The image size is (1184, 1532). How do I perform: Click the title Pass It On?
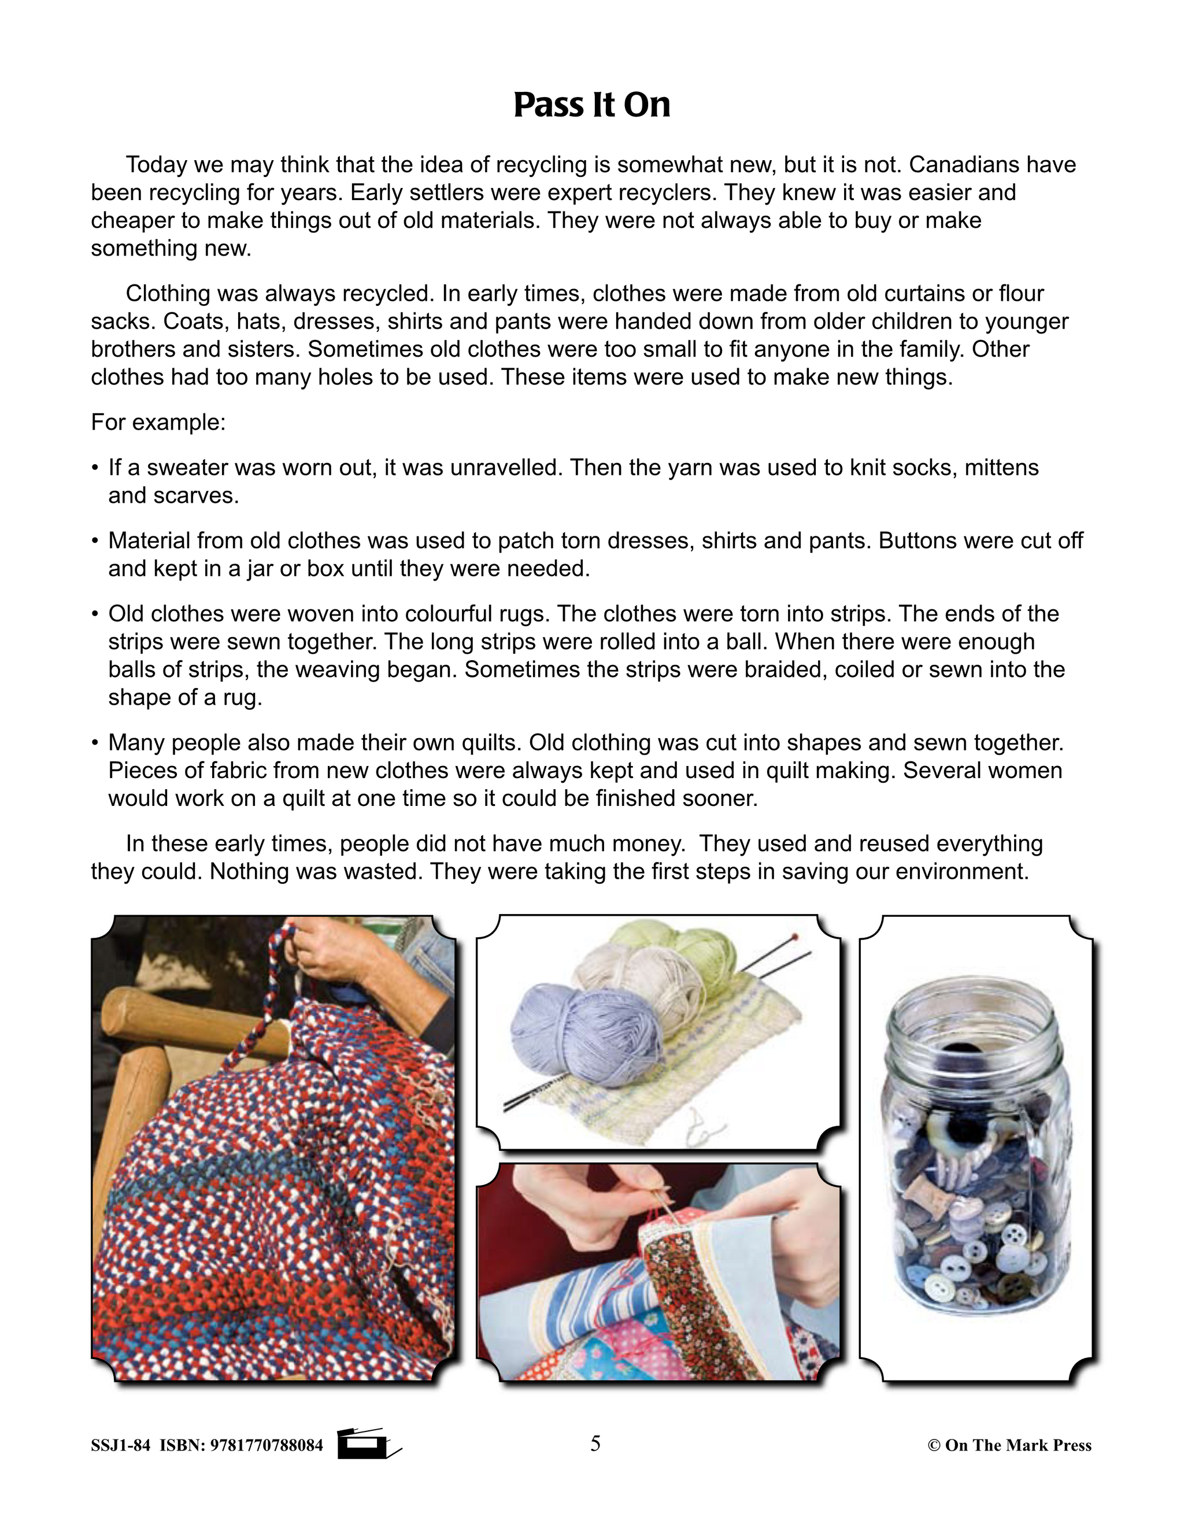point(591,105)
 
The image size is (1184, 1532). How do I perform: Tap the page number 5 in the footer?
point(595,1444)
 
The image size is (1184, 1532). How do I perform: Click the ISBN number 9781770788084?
point(267,1445)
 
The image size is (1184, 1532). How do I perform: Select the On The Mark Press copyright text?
point(1009,1445)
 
